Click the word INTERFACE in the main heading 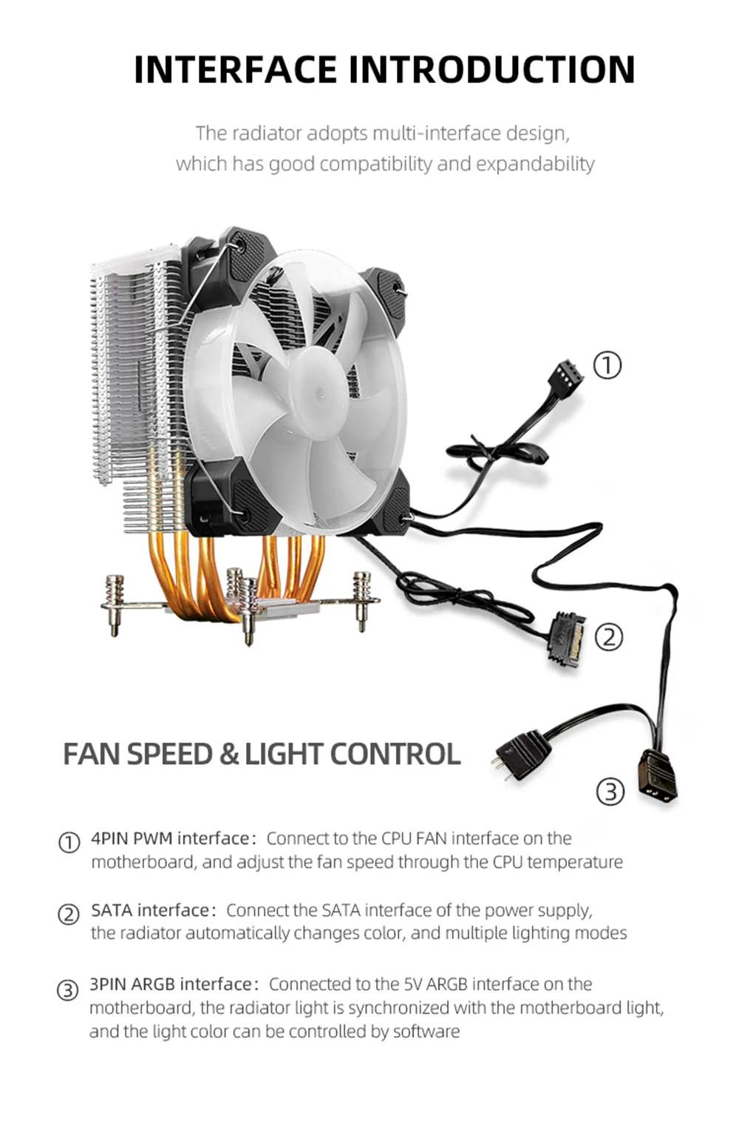coord(235,69)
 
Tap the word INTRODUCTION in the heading coord(491,69)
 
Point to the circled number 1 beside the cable coord(607,365)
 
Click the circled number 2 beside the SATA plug coord(609,637)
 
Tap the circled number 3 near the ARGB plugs coord(610,791)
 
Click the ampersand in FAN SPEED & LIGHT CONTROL coord(228,755)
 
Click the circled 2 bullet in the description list coord(68,914)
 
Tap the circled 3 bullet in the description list coord(67,990)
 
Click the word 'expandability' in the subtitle coord(535,163)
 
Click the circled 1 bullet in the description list coord(69,842)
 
